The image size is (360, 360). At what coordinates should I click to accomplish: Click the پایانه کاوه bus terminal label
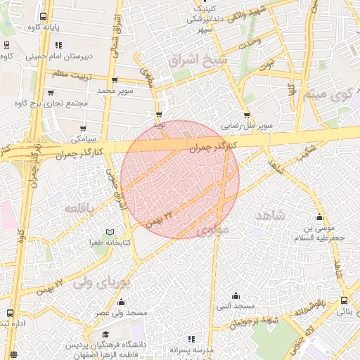pos(43,27)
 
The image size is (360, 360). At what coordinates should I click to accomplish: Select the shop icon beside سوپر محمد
pos(115,80)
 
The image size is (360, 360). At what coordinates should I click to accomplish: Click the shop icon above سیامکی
pos(84,128)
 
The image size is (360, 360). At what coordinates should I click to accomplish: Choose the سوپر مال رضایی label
pos(247,127)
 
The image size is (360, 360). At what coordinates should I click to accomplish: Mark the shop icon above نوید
pos(159,114)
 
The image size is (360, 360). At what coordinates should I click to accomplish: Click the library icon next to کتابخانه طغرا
pos(109,232)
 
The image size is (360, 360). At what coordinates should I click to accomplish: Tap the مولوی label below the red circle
pos(213,231)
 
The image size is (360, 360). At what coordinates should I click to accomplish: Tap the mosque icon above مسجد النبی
pos(236,296)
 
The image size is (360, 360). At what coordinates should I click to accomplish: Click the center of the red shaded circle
pos(180,180)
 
